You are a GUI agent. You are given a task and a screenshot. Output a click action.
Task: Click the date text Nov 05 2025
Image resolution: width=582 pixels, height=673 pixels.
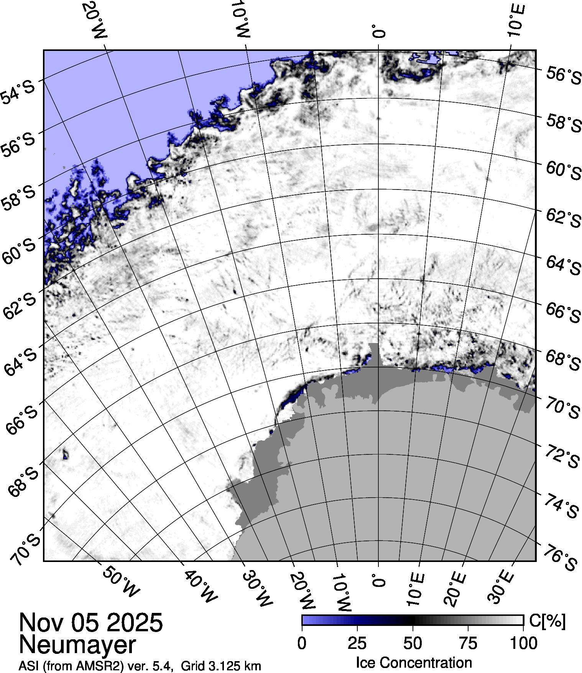(x=91, y=622)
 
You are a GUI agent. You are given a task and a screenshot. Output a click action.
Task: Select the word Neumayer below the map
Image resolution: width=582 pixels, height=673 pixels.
(x=77, y=644)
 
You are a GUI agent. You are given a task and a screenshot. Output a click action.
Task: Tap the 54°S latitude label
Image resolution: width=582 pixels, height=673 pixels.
(x=18, y=92)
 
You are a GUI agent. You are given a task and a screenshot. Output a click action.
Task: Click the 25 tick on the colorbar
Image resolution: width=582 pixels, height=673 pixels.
(x=357, y=643)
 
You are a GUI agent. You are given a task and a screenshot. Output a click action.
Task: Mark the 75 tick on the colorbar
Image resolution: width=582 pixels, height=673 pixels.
(x=468, y=643)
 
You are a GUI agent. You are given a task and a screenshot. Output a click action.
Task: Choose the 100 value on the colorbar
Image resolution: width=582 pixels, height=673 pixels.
(x=524, y=643)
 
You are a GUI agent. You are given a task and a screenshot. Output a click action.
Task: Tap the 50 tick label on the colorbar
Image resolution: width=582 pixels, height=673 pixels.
(x=413, y=643)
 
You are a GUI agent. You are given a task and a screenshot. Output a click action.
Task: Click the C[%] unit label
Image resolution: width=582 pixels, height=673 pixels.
(x=547, y=621)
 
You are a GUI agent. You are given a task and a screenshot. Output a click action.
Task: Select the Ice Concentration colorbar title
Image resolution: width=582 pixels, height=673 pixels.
(x=414, y=663)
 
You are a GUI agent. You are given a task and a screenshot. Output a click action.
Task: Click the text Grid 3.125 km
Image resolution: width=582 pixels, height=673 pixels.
(x=221, y=666)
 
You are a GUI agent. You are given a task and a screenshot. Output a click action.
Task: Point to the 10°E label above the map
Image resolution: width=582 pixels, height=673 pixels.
(x=516, y=21)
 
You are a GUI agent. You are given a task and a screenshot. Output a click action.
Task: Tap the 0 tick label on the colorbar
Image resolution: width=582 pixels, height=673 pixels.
(x=302, y=643)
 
